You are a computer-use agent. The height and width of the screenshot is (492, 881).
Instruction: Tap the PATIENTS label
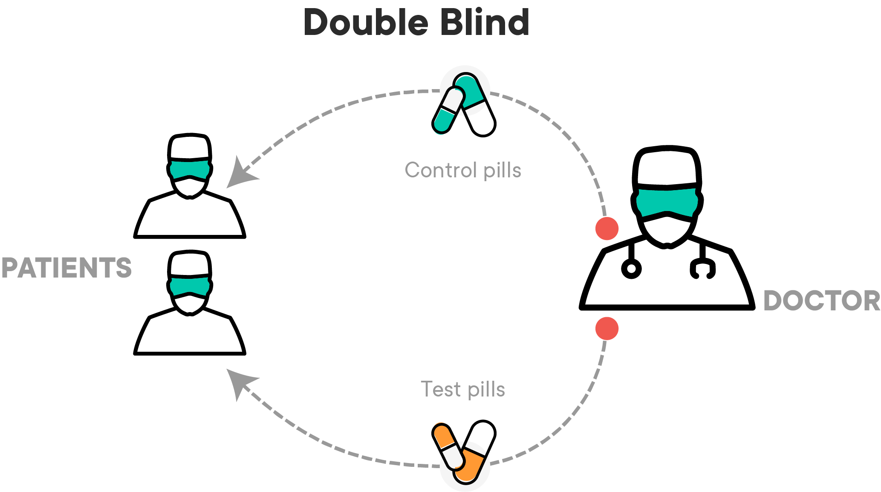click(66, 268)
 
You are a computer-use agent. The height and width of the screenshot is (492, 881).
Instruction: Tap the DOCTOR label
click(821, 301)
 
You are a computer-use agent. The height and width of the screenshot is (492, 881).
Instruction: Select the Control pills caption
click(463, 171)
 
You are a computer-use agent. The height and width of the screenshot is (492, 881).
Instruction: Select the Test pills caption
click(463, 389)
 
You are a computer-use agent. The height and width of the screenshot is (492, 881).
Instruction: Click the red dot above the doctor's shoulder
click(607, 229)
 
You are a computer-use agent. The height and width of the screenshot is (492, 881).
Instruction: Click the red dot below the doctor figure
click(607, 329)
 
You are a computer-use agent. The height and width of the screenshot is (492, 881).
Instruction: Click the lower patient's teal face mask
click(190, 286)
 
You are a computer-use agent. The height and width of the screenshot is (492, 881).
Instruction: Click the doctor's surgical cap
click(667, 166)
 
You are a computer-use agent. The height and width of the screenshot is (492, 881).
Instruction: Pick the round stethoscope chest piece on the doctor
click(631, 269)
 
